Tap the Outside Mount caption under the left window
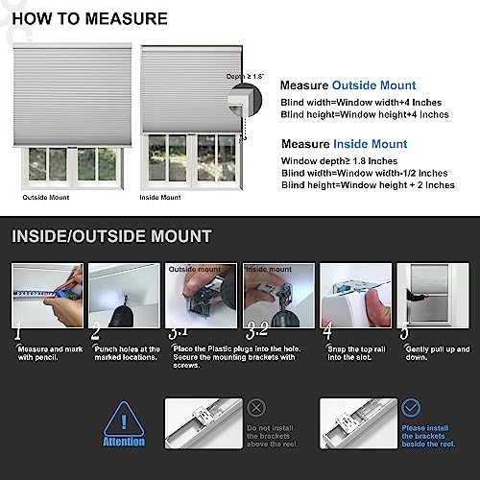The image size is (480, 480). point(46,197)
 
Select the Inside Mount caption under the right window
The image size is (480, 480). point(159,197)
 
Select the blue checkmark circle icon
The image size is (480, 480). point(413,406)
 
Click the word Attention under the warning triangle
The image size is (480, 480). point(125,442)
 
